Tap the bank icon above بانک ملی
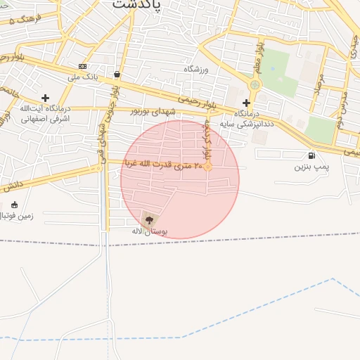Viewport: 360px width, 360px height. pos(83,66)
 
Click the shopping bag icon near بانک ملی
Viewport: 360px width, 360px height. pos(116,74)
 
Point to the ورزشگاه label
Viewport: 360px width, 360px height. pos(198,70)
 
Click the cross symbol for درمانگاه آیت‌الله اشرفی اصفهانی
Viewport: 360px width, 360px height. pos(46,98)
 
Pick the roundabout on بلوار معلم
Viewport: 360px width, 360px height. pos(255,85)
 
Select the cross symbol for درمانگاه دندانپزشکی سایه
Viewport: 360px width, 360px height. pos(246,103)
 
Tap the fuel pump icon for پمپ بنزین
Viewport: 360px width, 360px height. pos(311,155)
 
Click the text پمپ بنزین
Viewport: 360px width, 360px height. pos(311,167)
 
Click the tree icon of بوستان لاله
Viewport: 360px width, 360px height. pos(148,219)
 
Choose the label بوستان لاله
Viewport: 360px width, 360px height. pos(149,231)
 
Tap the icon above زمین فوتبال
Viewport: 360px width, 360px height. pos(14,205)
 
